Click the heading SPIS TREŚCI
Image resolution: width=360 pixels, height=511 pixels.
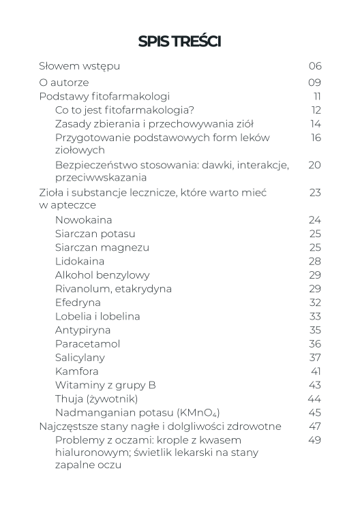coord(179,42)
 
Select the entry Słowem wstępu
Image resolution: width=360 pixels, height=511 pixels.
coord(80,66)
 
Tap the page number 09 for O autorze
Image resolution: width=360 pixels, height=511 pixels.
coord(314,82)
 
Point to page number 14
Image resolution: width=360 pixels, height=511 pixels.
coord(315,123)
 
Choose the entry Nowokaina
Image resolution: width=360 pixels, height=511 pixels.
coord(83,220)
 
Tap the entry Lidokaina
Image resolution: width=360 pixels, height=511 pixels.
coord(79,261)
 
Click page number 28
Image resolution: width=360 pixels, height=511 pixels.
coord(314,261)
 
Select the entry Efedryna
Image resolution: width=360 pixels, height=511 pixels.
coord(78,302)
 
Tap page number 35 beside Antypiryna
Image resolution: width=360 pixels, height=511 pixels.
coord(314,330)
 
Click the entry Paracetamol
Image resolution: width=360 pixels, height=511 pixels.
coord(87,343)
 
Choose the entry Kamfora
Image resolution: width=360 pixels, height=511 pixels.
coord(76,371)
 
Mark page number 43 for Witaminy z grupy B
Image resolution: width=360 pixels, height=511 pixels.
coord(314,384)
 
